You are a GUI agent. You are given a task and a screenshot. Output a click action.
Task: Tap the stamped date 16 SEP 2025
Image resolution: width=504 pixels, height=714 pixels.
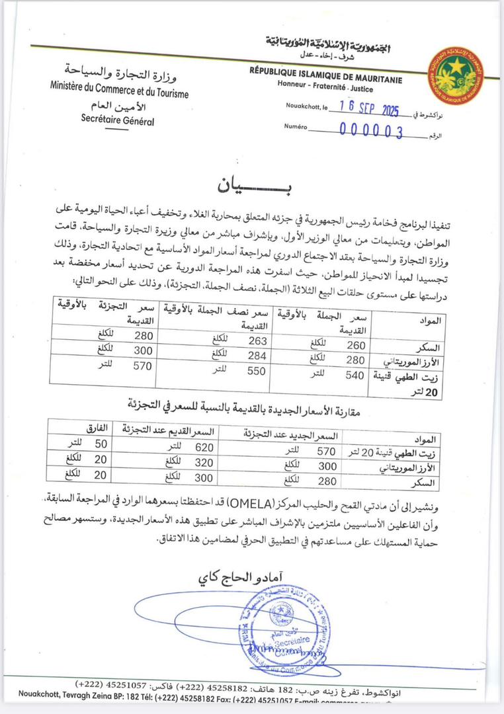click(370, 106)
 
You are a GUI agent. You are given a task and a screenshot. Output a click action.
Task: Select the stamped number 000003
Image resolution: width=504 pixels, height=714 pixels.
click(371, 130)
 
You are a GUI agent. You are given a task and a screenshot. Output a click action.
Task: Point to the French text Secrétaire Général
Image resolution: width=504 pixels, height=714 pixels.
click(117, 120)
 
